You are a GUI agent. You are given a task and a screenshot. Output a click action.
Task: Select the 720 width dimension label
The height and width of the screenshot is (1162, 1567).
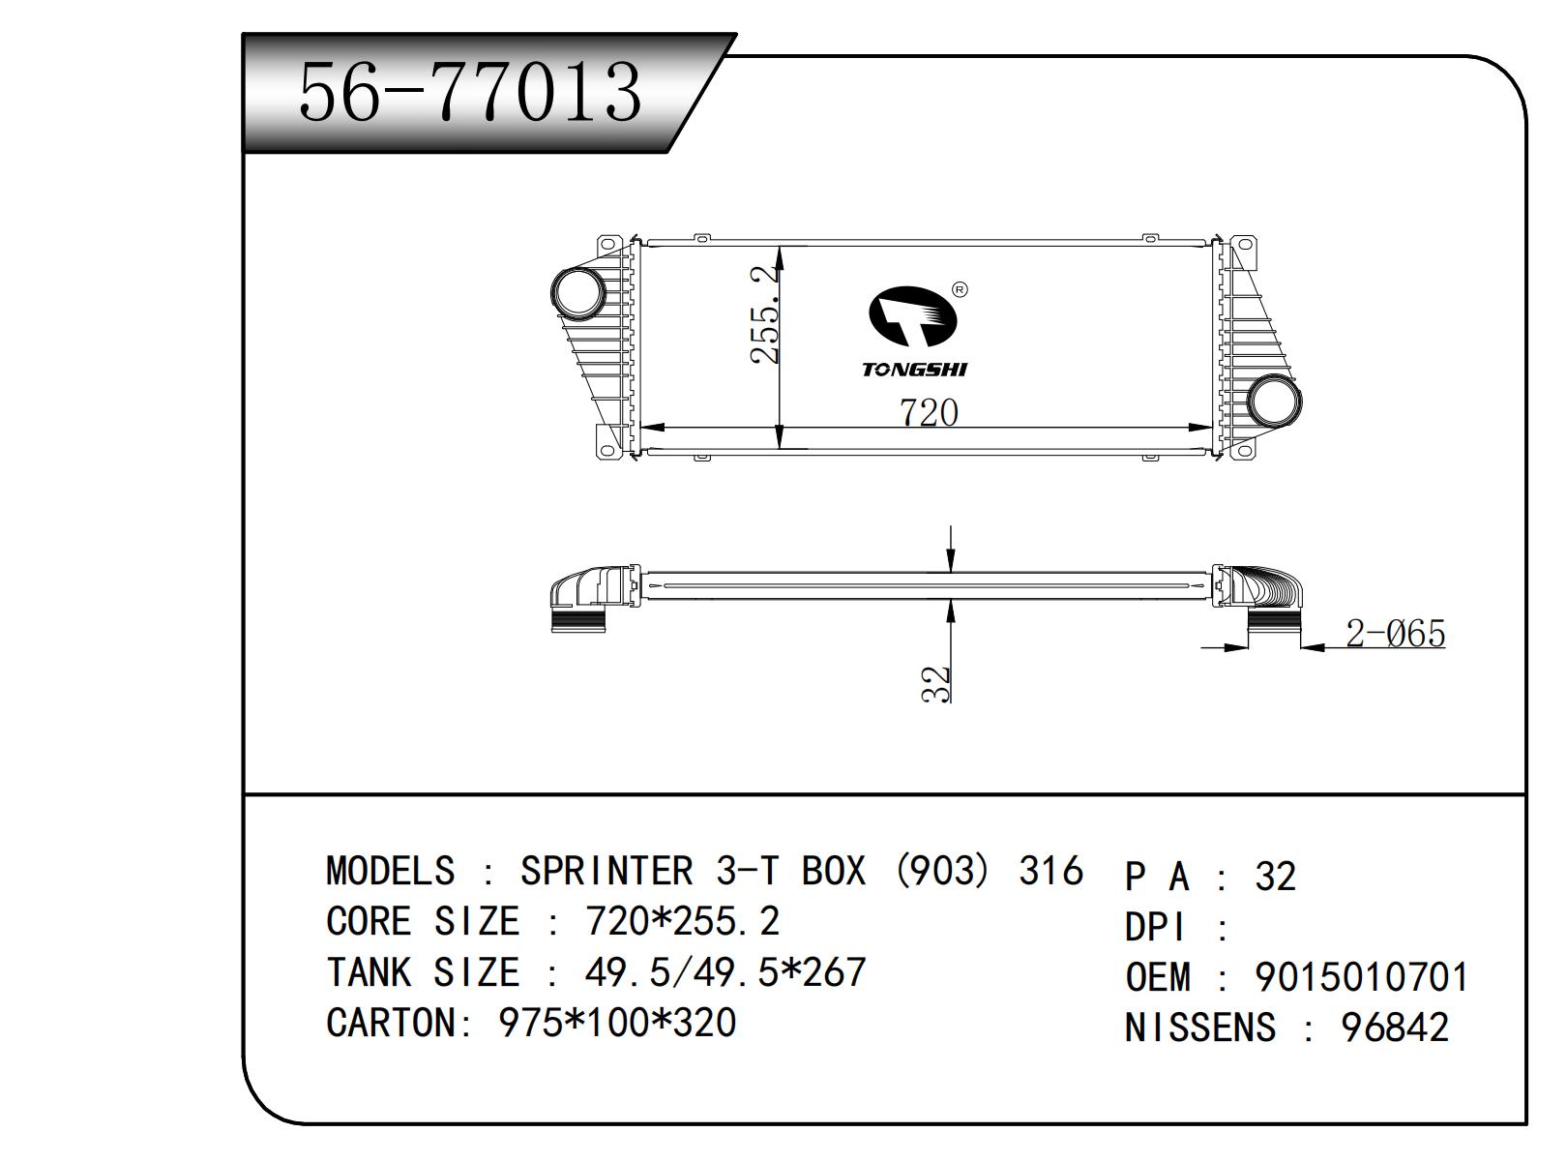[929, 412]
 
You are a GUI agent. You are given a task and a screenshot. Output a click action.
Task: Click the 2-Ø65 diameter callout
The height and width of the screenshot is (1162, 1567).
[1395, 634]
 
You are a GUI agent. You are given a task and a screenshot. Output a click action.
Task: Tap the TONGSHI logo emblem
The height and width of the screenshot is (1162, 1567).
[910, 315]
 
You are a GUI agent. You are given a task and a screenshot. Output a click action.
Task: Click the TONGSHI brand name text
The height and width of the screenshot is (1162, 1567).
[914, 369]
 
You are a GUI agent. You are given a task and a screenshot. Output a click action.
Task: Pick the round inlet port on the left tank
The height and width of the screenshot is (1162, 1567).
[577, 290]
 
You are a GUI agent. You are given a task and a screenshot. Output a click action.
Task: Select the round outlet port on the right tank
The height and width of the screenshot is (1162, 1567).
[1274, 401]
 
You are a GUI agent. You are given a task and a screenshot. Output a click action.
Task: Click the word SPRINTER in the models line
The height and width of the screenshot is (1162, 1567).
[606, 871]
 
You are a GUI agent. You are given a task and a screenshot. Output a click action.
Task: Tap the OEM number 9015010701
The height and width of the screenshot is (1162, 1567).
[1362, 977]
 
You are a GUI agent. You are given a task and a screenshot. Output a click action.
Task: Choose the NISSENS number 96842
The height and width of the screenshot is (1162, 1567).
[1395, 1028]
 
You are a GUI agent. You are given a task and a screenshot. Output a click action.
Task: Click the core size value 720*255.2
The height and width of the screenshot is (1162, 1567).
[682, 921]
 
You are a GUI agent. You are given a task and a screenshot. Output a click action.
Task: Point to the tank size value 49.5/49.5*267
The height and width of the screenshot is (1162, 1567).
[725, 971]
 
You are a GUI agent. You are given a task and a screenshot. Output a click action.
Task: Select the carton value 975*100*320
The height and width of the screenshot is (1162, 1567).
[617, 1023]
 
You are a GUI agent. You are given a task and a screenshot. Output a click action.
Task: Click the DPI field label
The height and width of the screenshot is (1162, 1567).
[1155, 928]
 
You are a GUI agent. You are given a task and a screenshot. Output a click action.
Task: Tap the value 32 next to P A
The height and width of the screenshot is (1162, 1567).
[1275, 877]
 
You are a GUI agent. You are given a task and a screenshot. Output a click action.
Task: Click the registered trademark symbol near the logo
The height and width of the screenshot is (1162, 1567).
[960, 289]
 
